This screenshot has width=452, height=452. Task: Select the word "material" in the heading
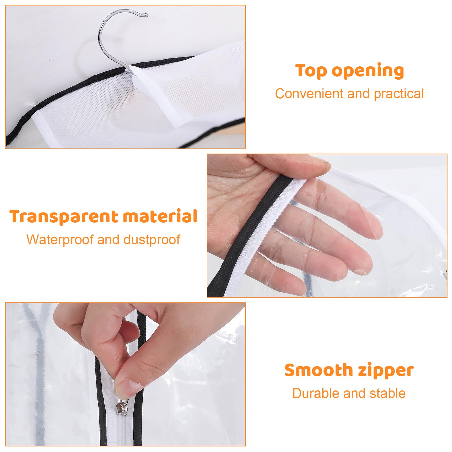(x=160, y=216)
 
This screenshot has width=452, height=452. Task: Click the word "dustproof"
(x=152, y=240)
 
